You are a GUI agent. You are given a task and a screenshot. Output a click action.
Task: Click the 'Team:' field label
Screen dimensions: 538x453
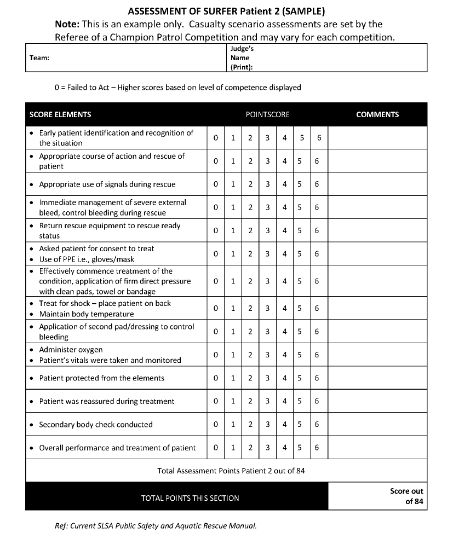pyautogui.click(x=39, y=58)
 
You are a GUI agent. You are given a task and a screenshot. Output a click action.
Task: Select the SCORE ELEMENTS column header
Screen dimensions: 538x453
pyautogui.click(x=60, y=114)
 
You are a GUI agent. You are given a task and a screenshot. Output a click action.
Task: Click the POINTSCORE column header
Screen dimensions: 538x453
pyautogui.click(x=267, y=114)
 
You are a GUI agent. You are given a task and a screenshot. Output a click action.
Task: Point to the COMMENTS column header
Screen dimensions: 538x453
pyautogui.click(x=377, y=114)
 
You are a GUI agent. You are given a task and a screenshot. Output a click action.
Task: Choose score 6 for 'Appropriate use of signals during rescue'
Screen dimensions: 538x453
pyautogui.click(x=317, y=184)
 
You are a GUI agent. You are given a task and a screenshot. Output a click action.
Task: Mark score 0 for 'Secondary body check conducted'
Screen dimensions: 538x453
pyautogui.click(x=216, y=425)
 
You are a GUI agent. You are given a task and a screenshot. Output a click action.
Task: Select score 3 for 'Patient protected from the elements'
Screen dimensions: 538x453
pyautogui.click(x=267, y=378)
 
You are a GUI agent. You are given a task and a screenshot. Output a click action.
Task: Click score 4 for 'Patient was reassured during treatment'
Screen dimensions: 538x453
pyautogui.click(x=285, y=401)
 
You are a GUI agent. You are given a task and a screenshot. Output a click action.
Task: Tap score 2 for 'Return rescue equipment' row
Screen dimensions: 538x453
pyautogui.click(x=250, y=230)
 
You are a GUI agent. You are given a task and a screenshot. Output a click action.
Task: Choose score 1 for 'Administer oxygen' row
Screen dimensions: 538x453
pyautogui.click(x=233, y=355)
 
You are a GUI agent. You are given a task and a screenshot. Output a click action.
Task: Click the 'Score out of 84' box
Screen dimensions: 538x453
pyautogui.click(x=406, y=496)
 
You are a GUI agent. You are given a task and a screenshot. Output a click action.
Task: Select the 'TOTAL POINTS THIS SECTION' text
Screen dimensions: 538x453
pyautogui.click(x=190, y=498)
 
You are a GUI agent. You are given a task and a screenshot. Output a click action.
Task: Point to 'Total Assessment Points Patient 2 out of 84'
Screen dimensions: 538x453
pyautogui.click(x=231, y=471)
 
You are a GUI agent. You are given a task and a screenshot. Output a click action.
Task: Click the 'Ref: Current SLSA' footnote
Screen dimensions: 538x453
pyautogui.click(x=156, y=526)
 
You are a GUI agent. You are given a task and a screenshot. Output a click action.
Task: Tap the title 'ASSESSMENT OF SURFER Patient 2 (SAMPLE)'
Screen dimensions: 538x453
pyautogui.click(x=226, y=11)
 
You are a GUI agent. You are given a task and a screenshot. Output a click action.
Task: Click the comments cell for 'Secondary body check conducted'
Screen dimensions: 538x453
pyautogui.click(x=377, y=425)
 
